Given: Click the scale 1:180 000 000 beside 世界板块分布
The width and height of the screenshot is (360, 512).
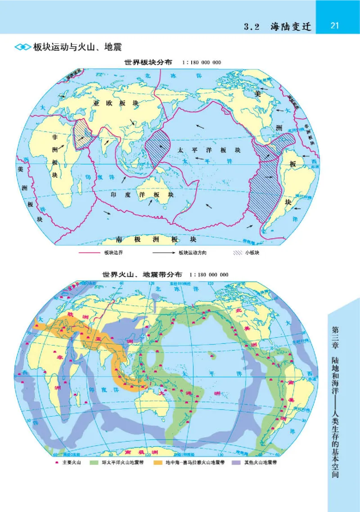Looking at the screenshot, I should [201, 63].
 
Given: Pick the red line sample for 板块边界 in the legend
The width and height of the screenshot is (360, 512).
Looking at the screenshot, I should [90, 253].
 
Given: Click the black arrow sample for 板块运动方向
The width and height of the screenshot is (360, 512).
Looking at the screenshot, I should [162, 253].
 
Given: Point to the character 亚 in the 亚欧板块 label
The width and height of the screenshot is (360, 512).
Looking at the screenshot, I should [95, 103].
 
